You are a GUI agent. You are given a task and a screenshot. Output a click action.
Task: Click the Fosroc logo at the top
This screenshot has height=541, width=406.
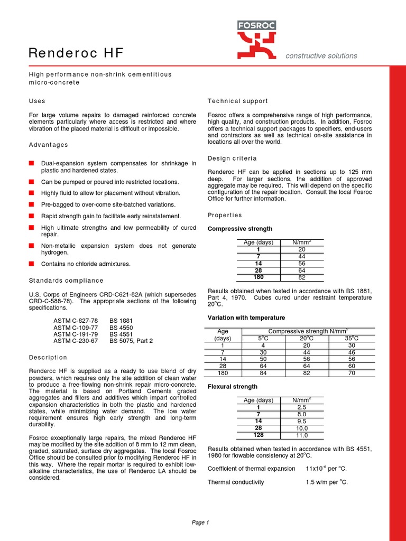click(256, 39)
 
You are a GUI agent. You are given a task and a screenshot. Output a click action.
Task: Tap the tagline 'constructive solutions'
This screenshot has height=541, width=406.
click(321, 55)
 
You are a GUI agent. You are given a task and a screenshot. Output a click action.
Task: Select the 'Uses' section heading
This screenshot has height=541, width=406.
click(37, 101)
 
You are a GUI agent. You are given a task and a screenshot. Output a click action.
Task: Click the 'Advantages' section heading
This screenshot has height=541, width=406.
click(48, 145)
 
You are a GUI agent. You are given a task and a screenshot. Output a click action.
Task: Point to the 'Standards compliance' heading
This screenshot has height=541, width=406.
click(66, 281)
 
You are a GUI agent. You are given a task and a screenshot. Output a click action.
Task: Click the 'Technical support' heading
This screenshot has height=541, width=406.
click(237, 101)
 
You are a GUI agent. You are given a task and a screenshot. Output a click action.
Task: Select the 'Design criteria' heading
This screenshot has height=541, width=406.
click(232, 158)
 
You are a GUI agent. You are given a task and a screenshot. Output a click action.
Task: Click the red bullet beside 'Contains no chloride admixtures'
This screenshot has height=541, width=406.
click(32, 264)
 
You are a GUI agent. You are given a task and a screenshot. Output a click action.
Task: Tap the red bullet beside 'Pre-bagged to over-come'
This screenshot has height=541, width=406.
click(32, 204)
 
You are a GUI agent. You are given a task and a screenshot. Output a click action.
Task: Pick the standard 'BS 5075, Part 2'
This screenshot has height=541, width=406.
click(131, 341)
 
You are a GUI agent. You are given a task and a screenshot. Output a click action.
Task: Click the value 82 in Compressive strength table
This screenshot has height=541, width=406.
click(301, 277)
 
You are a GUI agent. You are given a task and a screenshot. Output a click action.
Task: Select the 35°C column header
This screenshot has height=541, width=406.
click(352, 338)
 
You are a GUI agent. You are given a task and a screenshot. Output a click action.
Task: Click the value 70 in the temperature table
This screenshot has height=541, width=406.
click(352, 372)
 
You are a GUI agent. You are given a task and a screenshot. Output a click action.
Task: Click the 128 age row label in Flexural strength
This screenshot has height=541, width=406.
click(258, 435)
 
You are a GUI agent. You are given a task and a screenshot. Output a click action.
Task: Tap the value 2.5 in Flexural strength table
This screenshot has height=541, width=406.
click(301, 408)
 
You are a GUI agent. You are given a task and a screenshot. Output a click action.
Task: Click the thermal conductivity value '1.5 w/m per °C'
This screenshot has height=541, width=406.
click(327, 482)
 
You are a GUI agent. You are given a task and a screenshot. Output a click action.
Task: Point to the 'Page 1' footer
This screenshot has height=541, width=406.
click(200, 523)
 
